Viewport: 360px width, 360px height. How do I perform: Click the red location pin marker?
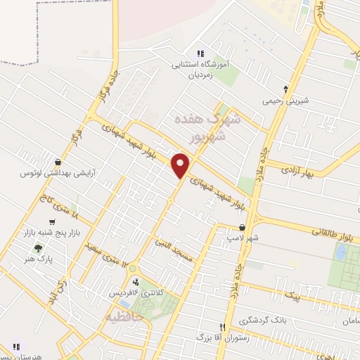[x=181, y=165]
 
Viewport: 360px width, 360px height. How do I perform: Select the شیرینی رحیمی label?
[x=285, y=101]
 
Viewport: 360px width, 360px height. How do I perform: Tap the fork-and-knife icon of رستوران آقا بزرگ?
[x=223, y=327]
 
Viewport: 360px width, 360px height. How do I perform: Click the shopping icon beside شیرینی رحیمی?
[x=285, y=89]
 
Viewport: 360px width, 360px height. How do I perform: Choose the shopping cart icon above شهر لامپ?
[x=243, y=228]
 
